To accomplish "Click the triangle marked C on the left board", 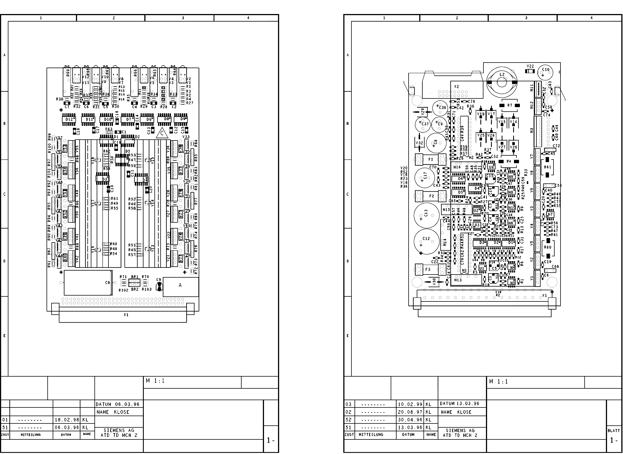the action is coord(162,134).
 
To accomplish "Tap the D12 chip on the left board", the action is coord(69,119).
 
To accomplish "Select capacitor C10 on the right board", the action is coord(546,70).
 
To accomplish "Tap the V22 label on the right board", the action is coord(530,66).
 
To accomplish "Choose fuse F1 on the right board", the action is coord(430,160).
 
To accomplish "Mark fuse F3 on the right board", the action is coord(428,269).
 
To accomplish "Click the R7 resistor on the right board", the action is coord(509,105).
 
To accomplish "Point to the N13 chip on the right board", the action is coord(458,280).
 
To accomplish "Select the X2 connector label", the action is coord(457,87).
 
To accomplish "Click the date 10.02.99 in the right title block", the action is coord(410,404).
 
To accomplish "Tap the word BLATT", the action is coord(614,431).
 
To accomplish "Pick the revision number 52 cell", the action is coord(348,420).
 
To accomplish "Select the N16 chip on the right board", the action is coord(457,167).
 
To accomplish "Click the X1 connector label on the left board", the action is coord(126,315).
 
